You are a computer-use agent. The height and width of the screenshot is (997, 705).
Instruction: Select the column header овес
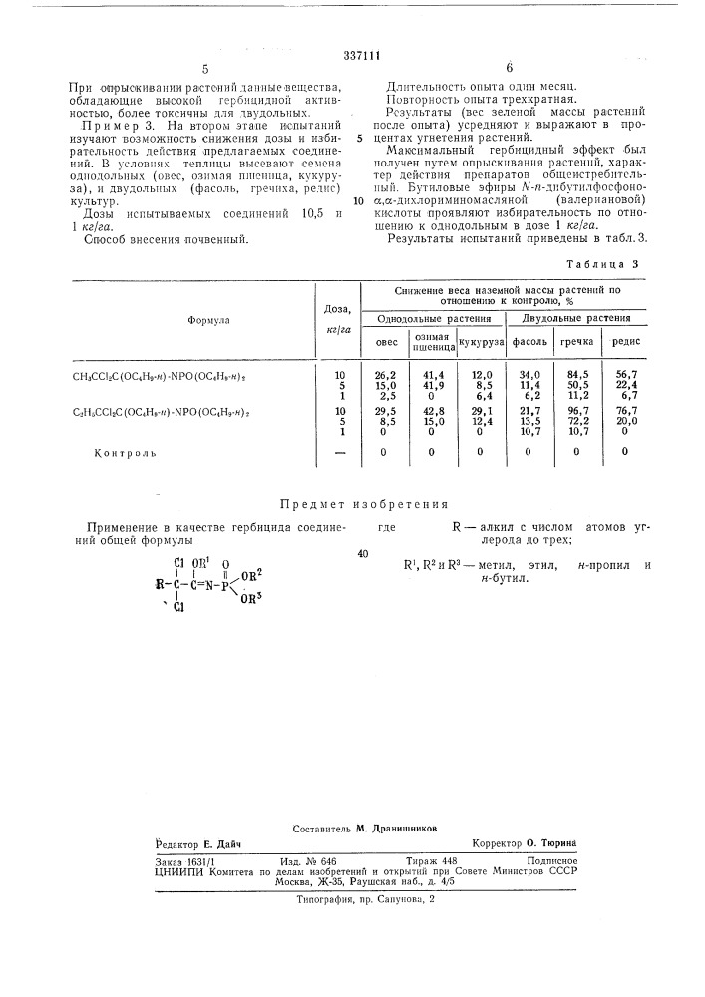(385, 342)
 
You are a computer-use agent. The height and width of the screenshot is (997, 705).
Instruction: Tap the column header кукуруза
(480, 342)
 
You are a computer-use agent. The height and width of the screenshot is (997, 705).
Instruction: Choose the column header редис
(625, 342)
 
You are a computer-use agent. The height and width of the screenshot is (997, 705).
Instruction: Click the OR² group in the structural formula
(254, 573)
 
